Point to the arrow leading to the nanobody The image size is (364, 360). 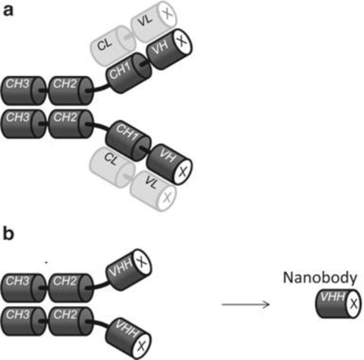coord(245,304)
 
